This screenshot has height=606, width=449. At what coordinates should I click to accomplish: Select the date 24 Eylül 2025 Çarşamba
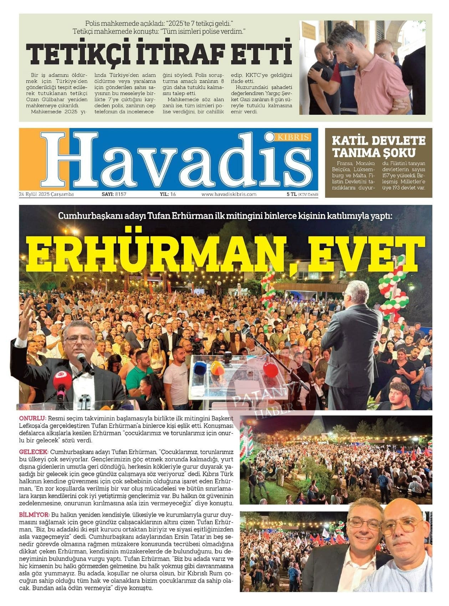(x=46, y=194)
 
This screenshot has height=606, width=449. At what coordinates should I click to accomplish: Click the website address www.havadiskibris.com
(x=229, y=194)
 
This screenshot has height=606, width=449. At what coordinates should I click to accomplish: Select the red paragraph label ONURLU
(x=32, y=418)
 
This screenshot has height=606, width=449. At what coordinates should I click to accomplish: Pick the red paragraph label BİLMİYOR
(x=34, y=515)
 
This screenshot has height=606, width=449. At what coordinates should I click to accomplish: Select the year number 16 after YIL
(x=173, y=194)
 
